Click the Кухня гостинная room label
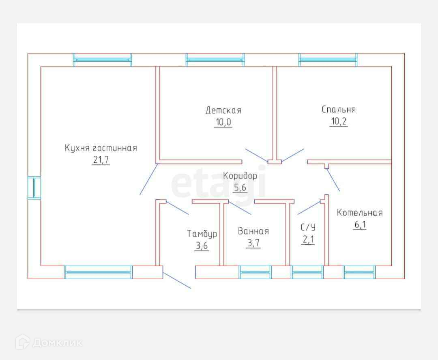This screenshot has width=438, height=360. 101,148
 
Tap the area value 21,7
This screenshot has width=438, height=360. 101,160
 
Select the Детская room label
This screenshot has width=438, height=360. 223,110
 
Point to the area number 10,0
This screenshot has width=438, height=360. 223,122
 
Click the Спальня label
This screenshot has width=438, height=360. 339,110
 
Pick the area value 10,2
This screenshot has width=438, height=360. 339,121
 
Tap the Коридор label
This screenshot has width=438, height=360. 240,176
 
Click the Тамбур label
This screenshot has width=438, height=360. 202,234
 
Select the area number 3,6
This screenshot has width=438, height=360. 202,246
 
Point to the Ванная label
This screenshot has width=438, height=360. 253,231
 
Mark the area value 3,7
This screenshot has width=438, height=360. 253,244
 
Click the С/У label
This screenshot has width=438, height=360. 308,227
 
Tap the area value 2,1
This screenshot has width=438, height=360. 308,239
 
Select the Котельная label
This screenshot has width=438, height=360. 360,213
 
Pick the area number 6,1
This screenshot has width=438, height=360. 360,225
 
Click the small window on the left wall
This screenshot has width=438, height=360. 34,188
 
